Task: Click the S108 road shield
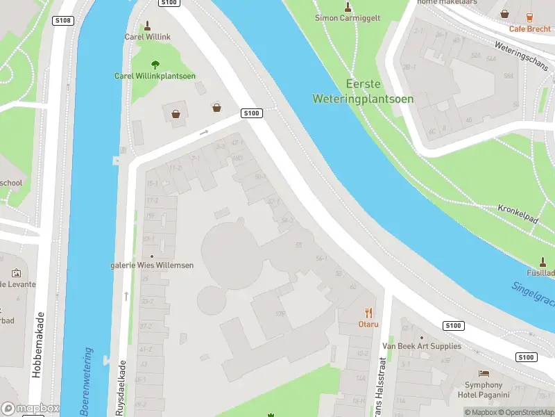tap(63, 21)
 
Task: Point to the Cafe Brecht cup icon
tap(529, 16)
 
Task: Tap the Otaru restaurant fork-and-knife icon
tap(368, 313)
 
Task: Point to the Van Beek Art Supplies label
tap(421, 346)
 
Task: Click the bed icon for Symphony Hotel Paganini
tap(484, 373)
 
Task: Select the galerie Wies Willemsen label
tap(152, 265)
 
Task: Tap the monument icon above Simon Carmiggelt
tap(348, 6)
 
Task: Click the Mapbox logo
tap(30, 409)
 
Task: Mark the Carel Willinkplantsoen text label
tap(155, 76)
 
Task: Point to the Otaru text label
tap(368, 324)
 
